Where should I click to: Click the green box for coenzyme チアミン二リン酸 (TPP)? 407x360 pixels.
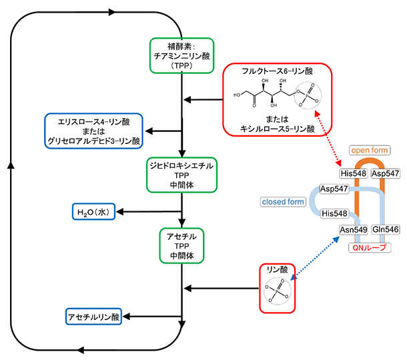point(181,57)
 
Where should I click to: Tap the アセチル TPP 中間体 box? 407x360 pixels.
point(181,245)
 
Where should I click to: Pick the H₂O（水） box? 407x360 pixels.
point(95,212)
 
